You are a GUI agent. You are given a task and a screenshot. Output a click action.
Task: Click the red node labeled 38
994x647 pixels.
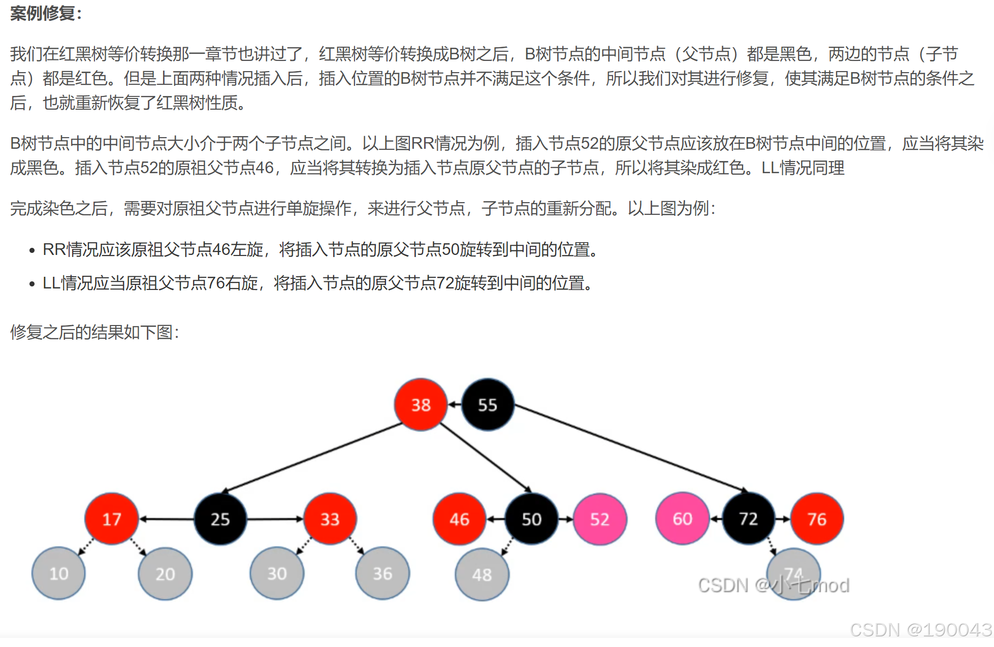[x=421, y=405]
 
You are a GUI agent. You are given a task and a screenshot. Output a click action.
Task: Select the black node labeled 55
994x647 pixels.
[x=488, y=405]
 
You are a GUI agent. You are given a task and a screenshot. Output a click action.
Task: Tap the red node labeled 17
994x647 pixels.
[x=112, y=519]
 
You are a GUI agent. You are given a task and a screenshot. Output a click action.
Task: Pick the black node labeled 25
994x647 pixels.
[x=220, y=519]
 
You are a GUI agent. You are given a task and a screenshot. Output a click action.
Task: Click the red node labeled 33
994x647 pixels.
[x=330, y=519]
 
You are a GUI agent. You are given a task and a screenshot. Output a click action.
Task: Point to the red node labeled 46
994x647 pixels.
[x=459, y=519]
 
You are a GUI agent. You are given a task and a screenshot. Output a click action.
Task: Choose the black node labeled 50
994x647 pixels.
[x=531, y=519]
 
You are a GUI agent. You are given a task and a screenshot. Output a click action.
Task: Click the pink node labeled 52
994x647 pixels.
[x=600, y=519]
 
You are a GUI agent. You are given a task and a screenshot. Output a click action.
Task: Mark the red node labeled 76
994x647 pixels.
[x=817, y=519]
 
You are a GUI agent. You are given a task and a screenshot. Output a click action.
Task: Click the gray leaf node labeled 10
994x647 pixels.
[x=58, y=573]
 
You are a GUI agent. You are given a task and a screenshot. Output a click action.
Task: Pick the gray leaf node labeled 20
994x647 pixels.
[x=165, y=574]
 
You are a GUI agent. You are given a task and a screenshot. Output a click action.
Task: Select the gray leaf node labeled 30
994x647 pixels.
[x=277, y=573]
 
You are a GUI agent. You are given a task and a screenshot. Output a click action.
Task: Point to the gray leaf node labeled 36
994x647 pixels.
[x=382, y=573]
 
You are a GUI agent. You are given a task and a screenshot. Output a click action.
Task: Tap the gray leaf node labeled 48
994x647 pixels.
[x=482, y=574]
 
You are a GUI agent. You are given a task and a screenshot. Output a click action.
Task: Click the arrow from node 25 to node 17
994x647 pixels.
[x=167, y=519]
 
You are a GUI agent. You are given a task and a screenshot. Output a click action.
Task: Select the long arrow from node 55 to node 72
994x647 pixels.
[x=630, y=447]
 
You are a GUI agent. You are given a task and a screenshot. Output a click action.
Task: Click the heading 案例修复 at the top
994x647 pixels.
[x=43, y=13]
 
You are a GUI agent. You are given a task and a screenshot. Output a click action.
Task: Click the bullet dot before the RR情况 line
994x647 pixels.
[x=32, y=250]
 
